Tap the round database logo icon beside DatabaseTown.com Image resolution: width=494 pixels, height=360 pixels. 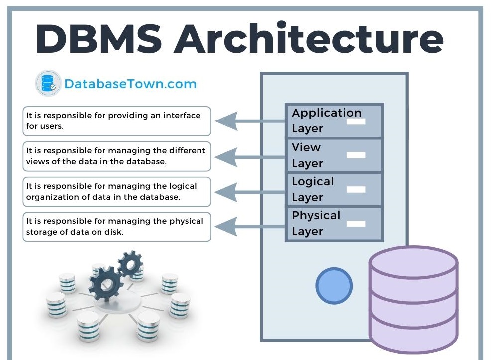point(48,84)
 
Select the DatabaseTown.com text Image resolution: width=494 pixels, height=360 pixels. point(130,84)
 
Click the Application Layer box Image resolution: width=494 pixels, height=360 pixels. point(333,120)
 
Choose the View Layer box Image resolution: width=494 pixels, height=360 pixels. point(333,155)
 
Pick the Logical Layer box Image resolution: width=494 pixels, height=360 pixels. point(333,189)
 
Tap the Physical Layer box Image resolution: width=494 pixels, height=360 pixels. point(333,224)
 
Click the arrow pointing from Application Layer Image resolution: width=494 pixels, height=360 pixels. point(249,120)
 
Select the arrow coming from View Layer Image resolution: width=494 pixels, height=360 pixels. point(249,156)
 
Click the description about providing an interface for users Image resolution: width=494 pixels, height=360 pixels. point(117,121)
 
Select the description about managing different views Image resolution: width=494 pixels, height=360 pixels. point(117,156)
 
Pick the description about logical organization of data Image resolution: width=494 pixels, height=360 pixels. point(117,191)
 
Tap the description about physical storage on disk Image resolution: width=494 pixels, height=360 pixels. point(117,227)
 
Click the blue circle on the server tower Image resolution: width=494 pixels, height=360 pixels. point(334,286)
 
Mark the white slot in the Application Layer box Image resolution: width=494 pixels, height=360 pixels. point(356,121)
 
